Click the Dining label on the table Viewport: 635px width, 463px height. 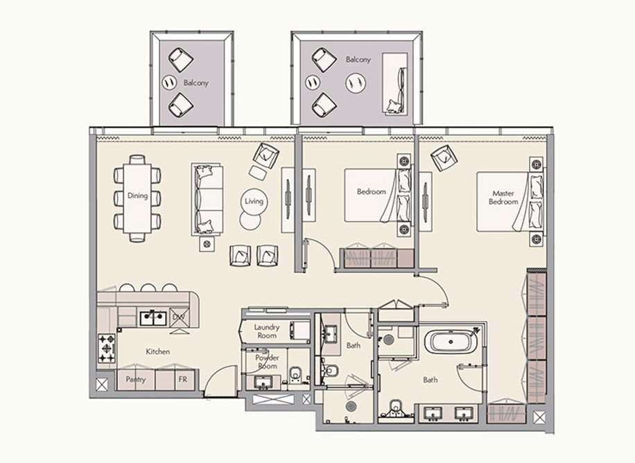pos(137,195)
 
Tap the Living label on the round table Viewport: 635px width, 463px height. pos(254,201)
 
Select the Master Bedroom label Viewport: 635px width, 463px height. pos(503,198)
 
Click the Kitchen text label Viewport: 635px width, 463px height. pos(157,351)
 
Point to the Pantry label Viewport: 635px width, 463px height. pos(135,380)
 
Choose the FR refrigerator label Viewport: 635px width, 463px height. pos(183,380)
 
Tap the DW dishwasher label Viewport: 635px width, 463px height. pos(178,317)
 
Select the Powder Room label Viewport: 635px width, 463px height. pos(267,362)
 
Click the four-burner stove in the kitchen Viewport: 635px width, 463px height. pos(107,344)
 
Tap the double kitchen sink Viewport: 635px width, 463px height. pos(152,318)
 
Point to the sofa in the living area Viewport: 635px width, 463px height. pos(206,199)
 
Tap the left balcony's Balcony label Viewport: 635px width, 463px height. pos(195,82)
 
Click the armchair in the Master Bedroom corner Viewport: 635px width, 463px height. pos(444,159)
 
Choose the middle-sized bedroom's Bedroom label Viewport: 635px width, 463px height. pos(371,191)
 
